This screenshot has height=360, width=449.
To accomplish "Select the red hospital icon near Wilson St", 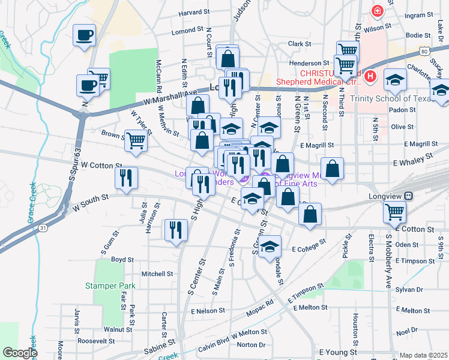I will (377, 10).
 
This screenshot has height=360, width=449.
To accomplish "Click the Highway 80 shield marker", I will (424, 53).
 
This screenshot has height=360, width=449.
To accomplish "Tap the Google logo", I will (19, 353).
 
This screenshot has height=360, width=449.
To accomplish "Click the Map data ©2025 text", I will (424, 355).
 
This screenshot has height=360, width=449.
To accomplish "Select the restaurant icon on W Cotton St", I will (126, 178).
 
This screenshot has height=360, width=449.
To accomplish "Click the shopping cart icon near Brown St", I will (136, 140).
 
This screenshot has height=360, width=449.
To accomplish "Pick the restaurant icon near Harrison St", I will (176, 230).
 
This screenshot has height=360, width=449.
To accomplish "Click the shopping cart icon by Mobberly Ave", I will (394, 211).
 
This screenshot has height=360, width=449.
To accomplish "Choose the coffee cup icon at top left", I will (84, 34).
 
